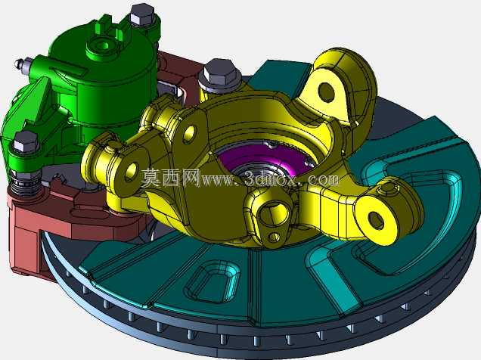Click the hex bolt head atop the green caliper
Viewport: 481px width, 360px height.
[x=141, y=14]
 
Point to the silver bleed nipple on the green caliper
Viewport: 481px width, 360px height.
[x=21, y=64]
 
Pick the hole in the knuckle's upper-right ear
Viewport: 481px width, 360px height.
[x=327, y=91]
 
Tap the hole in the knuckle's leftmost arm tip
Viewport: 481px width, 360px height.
[x=132, y=171]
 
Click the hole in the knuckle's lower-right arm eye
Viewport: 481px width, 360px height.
[x=376, y=219]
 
